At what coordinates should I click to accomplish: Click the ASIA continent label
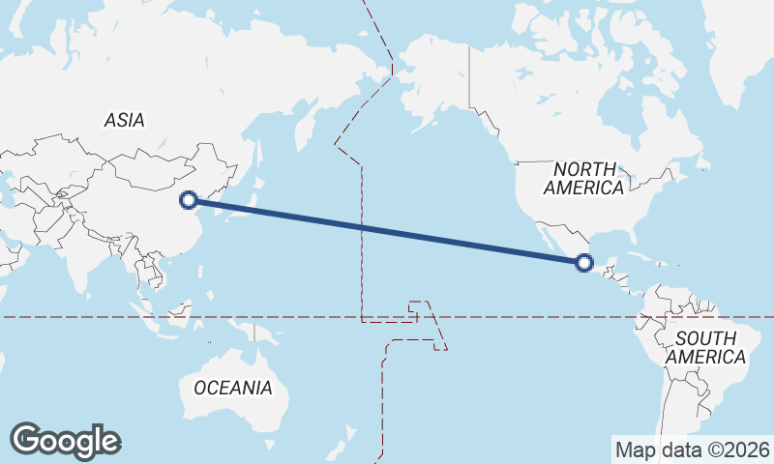[x=124, y=121]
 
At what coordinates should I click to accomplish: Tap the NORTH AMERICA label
[x=582, y=179]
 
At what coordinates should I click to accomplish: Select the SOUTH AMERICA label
[x=710, y=348]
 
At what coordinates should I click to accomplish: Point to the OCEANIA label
[x=233, y=389]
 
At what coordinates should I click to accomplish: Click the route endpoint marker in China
[x=190, y=200]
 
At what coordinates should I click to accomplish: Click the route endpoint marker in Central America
[x=583, y=262]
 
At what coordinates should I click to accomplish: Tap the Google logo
[x=66, y=441]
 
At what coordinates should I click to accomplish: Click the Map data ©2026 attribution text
[x=693, y=449]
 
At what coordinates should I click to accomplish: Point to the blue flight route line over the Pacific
[x=387, y=231]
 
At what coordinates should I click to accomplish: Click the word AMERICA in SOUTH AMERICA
[x=710, y=358]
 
